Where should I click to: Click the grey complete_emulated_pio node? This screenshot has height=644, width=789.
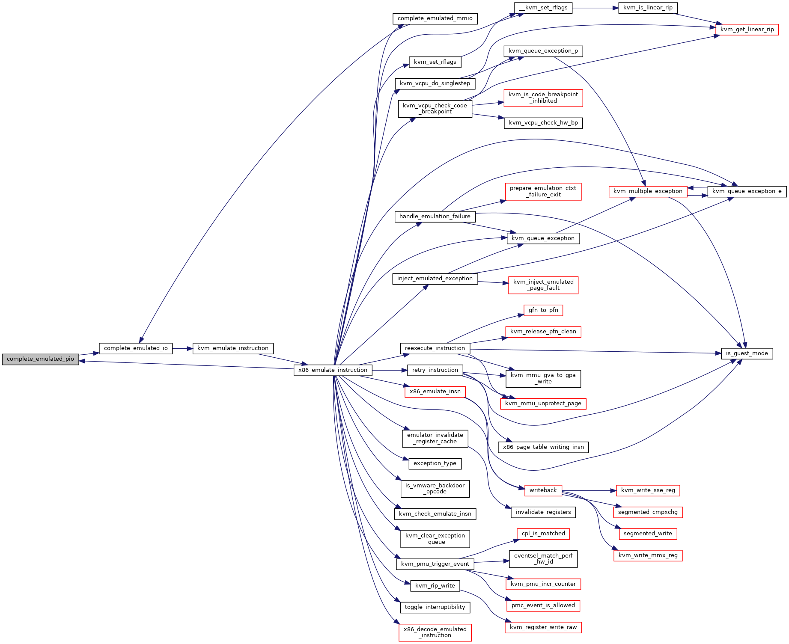[x=40, y=359]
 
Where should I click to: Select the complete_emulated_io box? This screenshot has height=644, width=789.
[x=136, y=348]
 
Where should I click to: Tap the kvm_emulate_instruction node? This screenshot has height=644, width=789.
[x=233, y=348]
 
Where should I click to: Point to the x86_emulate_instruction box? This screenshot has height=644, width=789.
[x=333, y=370]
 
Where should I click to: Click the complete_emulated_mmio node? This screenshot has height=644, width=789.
[x=435, y=18]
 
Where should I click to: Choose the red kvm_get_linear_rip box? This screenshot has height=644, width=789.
[x=747, y=30]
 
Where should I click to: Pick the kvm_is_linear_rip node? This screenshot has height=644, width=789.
[x=648, y=8]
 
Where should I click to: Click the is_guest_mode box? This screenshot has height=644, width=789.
[x=747, y=353]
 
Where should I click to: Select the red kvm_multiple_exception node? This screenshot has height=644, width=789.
[x=648, y=191]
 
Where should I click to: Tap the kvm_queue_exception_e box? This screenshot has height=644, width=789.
[x=747, y=191]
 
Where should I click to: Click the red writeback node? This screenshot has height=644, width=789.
[x=543, y=490]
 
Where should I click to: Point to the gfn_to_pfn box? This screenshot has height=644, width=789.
[x=543, y=310]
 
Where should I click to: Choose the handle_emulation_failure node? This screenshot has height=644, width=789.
[x=435, y=217]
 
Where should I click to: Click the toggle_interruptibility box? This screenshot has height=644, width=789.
[x=435, y=607]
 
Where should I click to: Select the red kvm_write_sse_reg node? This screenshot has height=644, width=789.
[x=648, y=490]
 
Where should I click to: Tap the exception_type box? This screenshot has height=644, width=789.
[x=435, y=463]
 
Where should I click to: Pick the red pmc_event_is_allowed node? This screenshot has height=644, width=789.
[x=543, y=605]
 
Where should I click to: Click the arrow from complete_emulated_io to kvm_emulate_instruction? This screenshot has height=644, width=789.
[x=183, y=349]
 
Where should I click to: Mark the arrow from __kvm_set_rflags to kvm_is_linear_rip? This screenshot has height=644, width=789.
[x=595, y=8]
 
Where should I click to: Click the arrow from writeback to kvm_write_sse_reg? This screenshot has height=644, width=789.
[x=589, y=490]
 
